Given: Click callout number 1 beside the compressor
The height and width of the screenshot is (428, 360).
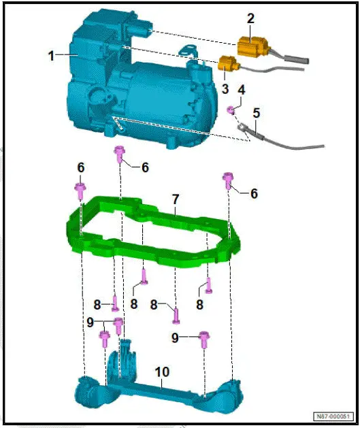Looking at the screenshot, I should point(52,56).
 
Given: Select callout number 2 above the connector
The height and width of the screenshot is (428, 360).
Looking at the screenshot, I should point(250,18).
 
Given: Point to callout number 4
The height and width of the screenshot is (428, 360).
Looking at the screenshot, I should point(241,90).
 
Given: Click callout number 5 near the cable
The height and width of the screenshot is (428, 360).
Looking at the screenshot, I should point(256,112).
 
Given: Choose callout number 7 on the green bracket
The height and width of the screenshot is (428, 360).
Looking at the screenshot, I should point(175,199).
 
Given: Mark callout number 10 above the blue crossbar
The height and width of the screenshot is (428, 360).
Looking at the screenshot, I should point(162,373).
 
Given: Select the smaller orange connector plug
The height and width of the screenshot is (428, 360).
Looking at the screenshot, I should point(226,65).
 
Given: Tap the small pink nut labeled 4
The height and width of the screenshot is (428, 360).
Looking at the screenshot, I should point(232,110).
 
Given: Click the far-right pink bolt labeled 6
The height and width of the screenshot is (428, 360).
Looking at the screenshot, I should point(229,180).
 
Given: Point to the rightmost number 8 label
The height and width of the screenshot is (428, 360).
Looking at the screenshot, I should point(200,306).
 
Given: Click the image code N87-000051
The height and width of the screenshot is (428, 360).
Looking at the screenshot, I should point(333,416).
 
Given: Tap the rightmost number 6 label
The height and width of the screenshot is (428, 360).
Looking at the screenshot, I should point(254,194).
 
